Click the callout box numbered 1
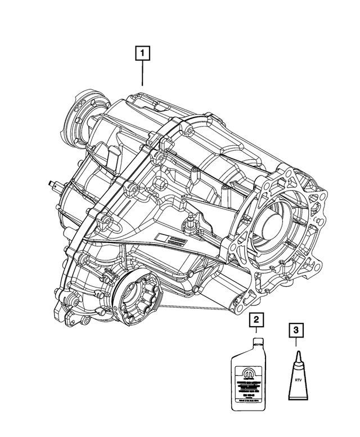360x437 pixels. point(143,54)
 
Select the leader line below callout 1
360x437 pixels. point(143,73)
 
